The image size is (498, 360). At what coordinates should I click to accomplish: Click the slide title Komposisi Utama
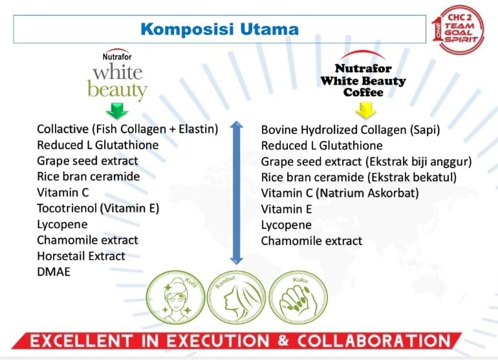pyautogui.click(x=219, y=29)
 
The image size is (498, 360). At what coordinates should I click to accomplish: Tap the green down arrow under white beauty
pyautogui.click(x=117, y=111)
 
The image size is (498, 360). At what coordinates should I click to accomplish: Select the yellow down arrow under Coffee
pyautogui.click(x=365, y=110)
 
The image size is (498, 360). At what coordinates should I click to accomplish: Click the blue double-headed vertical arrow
pyautogui.click(x=236, y=193)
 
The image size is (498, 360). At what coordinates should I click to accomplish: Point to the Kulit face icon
pyautogui.click(x=175, y=297)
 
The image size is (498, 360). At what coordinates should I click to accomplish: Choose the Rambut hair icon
pyautogui.click(x=236, y=297)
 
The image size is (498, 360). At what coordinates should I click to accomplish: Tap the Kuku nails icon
pyautogui.click(x=298, y=297)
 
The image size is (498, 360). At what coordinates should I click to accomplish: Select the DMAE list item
pyautogui.click(x=54, y=271)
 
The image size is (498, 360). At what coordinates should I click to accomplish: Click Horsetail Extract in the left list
pyautogui.click(x=81, y=256)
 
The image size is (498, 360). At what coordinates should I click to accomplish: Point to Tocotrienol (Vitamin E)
pyautogui.click(x=98, y=208)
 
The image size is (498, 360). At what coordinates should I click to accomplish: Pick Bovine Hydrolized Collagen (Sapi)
pyautogui.click(x=351, y=130)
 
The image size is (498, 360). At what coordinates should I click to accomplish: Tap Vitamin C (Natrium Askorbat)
pyautogui.click(x=340, y=193)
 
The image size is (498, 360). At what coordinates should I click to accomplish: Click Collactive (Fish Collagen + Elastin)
pyautogui.click(x=127, y=129)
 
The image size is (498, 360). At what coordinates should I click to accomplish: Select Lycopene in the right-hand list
pyautogui.click(x=286, y=225)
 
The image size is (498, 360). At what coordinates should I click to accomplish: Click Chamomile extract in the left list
pyautogui.click(x=87, y=240)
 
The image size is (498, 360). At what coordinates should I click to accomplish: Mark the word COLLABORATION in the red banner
pyautogui.click(x=374, y=341)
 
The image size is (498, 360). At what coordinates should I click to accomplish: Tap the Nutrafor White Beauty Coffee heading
pyautogui.click(x=363, y=80)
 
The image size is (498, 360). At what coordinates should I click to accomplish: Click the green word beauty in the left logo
pyautogui.click(x=118, y=90)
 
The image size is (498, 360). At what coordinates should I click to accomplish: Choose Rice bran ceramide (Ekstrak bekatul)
pyautogui.click(x=358, y=177)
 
